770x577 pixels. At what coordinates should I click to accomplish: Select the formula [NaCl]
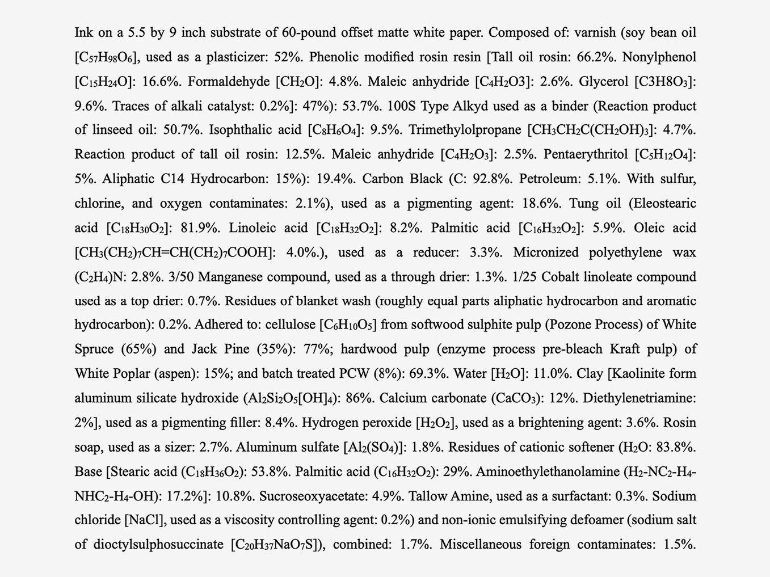(144, 520)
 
